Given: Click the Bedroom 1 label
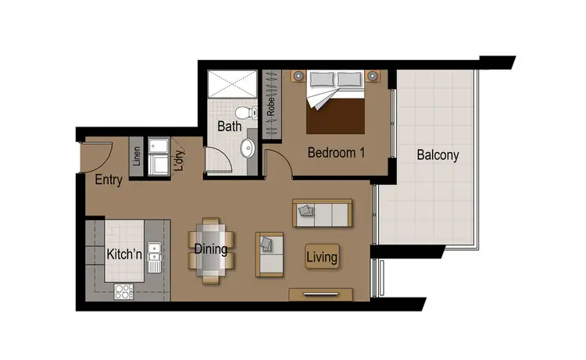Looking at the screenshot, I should coord(336,152).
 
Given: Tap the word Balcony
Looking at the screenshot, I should coord(438,155).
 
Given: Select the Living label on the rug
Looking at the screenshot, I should coord(322,257).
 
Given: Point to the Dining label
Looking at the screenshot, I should coord(211,250).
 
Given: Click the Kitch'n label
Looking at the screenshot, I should coord(123,255).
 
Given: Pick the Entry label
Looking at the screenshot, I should coord(109,180).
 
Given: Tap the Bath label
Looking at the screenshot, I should coord(230,126).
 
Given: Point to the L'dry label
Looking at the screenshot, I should coord(178,159).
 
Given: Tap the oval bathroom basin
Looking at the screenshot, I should coord(247,147).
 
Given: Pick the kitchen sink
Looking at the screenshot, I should coord(155,251).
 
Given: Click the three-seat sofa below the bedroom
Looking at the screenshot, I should coord(322,212).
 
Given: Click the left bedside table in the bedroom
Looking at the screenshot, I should coord(298,76).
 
